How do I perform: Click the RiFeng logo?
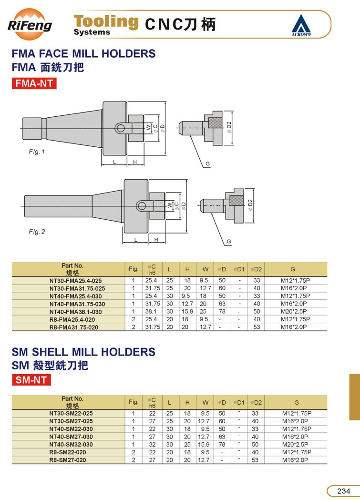click(x=30, y=24)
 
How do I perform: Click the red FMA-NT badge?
click(x=34, y=83)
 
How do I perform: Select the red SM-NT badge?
click(x=31, y=380)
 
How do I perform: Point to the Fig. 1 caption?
click(x=37, y=152)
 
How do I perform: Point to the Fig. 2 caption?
click(x=37, y=232)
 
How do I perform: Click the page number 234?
click(x=344, y=491)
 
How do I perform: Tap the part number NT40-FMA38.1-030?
click(x=77, y=312)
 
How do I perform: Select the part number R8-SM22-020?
click(x=68, y=452)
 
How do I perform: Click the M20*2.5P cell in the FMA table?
click(x=294, y=312)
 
